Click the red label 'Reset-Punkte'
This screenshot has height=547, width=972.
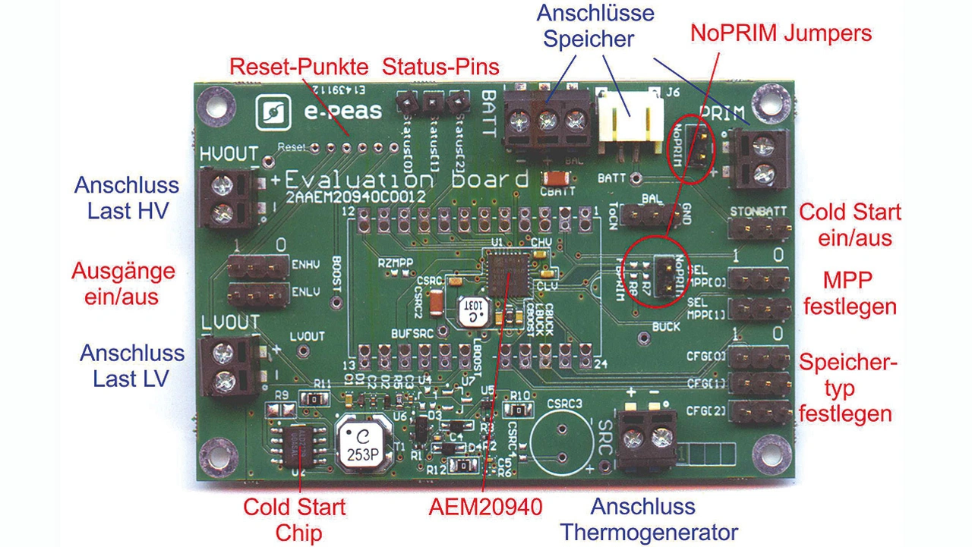pos(298,67)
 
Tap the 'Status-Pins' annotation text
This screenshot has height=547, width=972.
pos(440,67)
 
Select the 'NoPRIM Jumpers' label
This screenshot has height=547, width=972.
pos(781,33)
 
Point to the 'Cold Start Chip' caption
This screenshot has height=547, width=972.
pos(294,519)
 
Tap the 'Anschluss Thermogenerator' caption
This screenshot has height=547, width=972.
pos(649,519)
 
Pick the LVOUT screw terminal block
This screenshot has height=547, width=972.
pos(226,365)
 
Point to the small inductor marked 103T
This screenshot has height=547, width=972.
pos(475,311)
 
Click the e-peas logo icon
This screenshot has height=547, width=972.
pos(271,115)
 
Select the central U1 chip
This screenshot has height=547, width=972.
pos(508,273)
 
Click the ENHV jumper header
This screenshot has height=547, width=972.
pos(258,265)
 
